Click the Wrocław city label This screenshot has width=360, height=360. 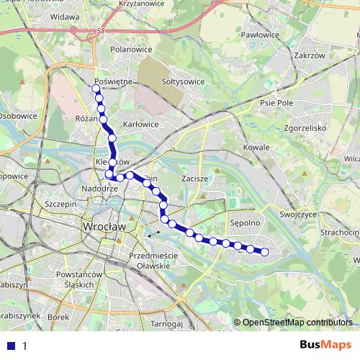point(105,226)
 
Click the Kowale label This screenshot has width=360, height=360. point(256,148)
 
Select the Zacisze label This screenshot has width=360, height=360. point(194,177)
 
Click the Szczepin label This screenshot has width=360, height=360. point(60,204)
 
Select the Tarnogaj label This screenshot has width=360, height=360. point(167,325)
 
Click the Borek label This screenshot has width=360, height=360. point(58,317)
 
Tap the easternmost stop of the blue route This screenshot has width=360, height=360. point(264,251)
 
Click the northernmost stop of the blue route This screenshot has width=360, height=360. point(96,89)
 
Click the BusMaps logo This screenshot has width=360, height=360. point(325,346)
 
